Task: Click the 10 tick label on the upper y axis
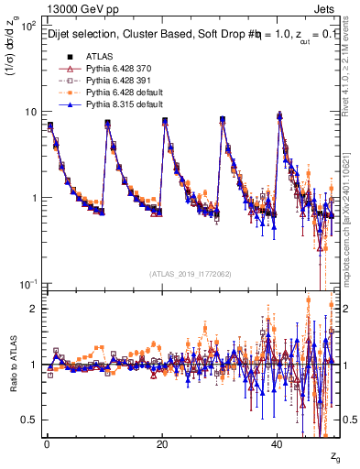pos(29,112)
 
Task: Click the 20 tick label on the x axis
pos(162,442)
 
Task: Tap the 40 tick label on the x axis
pos(278,442)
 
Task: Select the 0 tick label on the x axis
pos(47,442)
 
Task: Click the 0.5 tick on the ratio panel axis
pos(28,420)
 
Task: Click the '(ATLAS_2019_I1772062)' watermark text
pos(191,273)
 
